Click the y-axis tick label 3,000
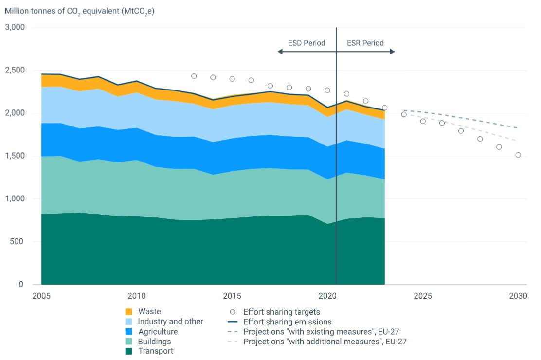(x=15, y=27)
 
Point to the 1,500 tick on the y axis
(x=15, y=156)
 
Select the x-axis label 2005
(x=41, y=296)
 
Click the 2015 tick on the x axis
(x=232, y=296)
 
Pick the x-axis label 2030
(x=518, y=296)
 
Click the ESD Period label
(x=307, y=43)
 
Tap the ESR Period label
(x=365, y=43)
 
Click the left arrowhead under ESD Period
(x=280, y=51)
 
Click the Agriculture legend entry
(x=158, y=332)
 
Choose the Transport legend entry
(x=155, y=351)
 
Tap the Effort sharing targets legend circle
(x=233, y=312)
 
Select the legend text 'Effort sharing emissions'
(x=287, y=322)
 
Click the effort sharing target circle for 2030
(x=518, y=155)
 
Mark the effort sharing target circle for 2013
(x=194, y=76)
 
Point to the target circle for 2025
(x=423, y=121)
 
